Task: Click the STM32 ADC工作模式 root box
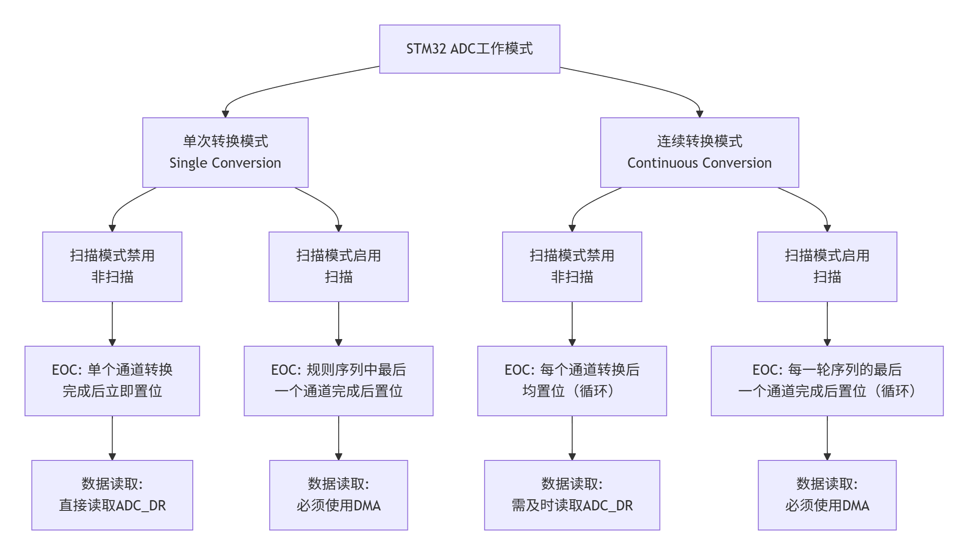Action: [x=469, y=49]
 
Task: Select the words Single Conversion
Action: [x=225, y=163]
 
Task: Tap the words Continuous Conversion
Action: [x=699, y=163]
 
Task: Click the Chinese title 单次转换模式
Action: [x=225, y=141]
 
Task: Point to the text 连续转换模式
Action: [x=699, y=141]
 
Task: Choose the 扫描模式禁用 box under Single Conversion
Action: [x=112, y=266]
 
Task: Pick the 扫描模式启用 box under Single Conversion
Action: [x=338, y=266]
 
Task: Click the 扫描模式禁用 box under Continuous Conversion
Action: [x=572, y=266]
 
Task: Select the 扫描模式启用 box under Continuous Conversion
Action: [x=827, y=266]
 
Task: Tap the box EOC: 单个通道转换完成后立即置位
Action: [x=112, y=381]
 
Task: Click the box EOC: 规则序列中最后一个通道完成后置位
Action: [x=338, y=381]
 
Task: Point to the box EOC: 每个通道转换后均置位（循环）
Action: [x=572, y=381]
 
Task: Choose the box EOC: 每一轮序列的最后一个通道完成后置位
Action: [x=827, y=381]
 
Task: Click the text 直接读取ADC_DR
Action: [x=112, y=505]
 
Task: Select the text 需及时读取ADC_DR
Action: [x=572, y=505]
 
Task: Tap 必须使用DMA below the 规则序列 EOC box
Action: [x=338, y=505]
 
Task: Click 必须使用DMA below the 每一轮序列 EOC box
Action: [x=827, y=505]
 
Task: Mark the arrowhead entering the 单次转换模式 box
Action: [x=225, y=114]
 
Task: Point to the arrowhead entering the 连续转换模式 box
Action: [x=699, y=114]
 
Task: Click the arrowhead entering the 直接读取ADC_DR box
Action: [x=112, y=457]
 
